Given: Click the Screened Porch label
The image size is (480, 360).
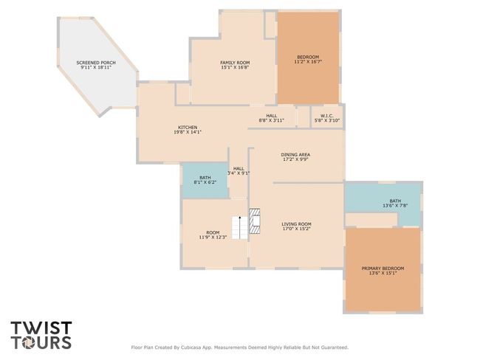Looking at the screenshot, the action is [96, 63].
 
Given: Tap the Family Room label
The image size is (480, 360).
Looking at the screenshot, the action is [235, 63].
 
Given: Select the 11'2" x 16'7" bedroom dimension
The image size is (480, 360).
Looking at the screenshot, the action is [308, 61].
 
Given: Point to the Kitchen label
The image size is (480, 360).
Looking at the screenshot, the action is [188, 127].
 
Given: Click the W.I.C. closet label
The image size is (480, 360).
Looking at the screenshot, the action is [327, 116].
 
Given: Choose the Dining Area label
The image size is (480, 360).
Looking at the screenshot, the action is [295, 154].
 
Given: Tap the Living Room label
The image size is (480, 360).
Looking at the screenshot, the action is [296, 224].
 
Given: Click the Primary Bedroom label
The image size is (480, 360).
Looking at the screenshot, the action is [383, 269].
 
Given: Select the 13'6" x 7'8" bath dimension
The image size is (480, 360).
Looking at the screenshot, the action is [395, 206].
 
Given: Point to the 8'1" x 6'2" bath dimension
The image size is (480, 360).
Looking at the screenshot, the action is [205, 182].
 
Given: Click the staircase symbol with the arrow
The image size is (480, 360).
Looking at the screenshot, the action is [240, 227].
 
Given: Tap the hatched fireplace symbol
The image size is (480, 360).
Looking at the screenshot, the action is [255, 221].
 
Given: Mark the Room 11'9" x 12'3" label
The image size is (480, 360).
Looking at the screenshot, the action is [213, 235].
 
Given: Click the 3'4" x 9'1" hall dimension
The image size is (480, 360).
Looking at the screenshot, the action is [239, 173].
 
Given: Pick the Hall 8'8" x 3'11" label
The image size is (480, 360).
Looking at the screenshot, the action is [272, 118].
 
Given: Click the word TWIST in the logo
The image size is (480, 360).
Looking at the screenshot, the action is [41, 328].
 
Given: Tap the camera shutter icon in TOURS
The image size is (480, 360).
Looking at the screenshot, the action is [29, 342].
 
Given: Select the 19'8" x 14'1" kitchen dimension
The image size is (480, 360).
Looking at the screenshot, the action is [188, 132].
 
